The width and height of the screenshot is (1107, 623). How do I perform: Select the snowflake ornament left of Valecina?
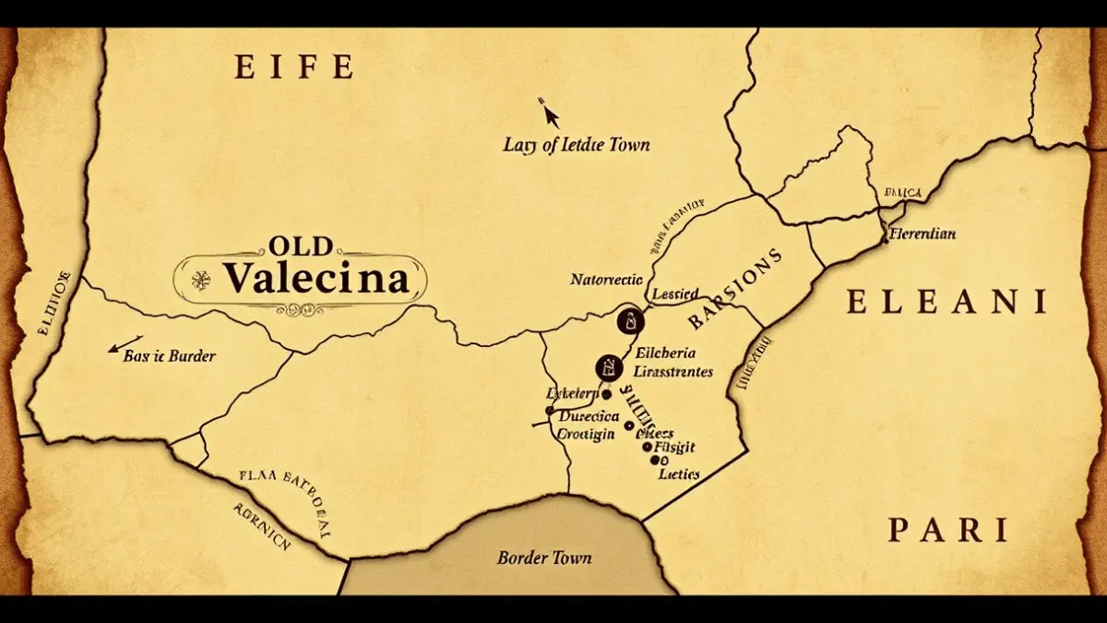tap(197, 278)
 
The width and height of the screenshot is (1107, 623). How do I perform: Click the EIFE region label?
tap(294, 67)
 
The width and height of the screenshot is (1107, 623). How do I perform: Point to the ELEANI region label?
tap(946, 302)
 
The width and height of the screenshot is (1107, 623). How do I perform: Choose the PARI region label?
tap(947, 531)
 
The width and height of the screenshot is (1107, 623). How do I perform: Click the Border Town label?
tap(544, 557)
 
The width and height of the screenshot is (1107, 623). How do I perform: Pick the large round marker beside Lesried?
tap(628, 321)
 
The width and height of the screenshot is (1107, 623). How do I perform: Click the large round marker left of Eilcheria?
tap(608, 367)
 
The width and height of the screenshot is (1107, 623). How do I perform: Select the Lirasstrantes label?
tap(670, 372)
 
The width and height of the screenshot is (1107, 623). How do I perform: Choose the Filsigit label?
tap(674, 449)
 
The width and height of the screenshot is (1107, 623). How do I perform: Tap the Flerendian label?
tap(922, 234)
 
